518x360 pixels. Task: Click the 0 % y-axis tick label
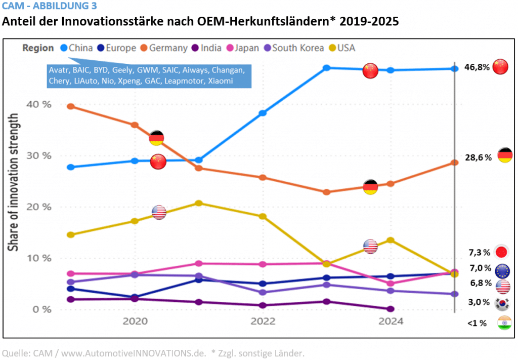pos(42,309)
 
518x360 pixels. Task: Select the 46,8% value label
pos(477,67)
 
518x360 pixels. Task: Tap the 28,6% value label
pos(478,157)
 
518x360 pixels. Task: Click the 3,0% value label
pos(479,302)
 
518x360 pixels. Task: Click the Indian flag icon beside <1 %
pos(504,323)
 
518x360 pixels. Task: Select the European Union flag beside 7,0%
pos(503,271)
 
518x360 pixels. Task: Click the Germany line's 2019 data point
pos(71,106)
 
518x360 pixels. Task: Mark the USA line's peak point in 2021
pos(199,203)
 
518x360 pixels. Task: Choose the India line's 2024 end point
pos(391,309)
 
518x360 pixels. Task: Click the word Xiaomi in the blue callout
pos(219,81)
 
